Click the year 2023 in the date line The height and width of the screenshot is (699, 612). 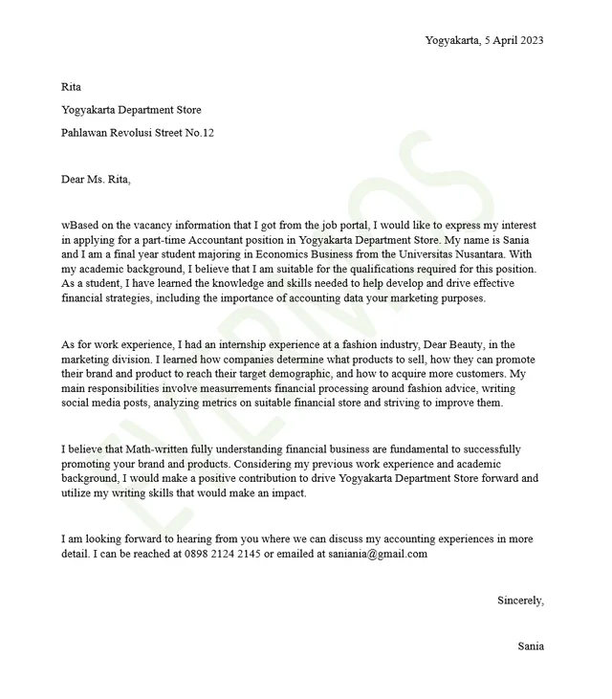pos(530,40)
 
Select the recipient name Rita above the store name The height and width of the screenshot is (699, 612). pos(71,87)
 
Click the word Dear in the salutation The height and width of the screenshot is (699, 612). pos(74,179)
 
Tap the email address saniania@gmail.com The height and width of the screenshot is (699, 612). pos(378,554)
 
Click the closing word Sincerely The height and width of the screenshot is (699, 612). pos(519,601)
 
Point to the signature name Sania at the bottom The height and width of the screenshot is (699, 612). pos(531,646)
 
